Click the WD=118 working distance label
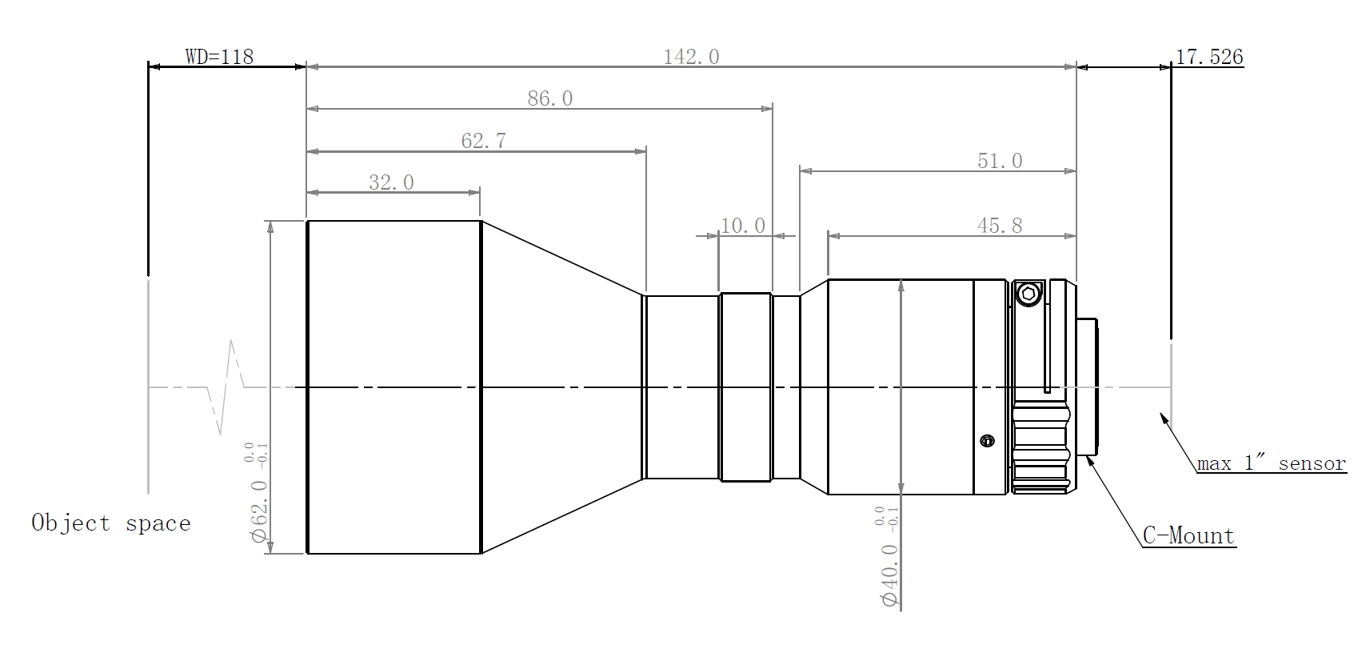click(220, 57)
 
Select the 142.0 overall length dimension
click(691, 57)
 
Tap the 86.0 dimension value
click(549, 98)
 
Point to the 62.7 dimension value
click(483, 142)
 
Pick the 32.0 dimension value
click(391, 182)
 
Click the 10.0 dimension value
click(742, 226)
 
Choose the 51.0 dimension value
click(1000, 161)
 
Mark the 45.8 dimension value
click(1000, 226)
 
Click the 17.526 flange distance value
click(1209, 57)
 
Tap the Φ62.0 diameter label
click(259, 511)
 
